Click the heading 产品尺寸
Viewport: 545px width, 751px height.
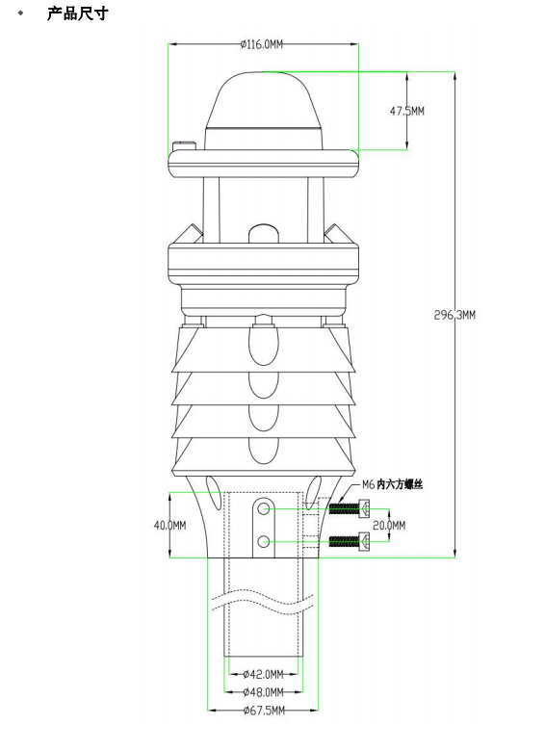tap(77, 16)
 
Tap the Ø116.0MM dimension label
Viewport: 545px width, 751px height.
tap(262, 43)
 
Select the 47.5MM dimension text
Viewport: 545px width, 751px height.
tap(406, 111)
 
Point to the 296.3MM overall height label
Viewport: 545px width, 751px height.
tap(454, 315)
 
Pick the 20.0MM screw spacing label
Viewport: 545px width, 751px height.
tap(390, 525)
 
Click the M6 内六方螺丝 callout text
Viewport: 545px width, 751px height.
tap(392, 485)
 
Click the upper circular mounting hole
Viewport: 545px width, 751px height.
tap(263, 506)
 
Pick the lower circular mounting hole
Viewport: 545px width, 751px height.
tap(263, 542)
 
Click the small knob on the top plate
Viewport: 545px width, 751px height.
tap(184, 146)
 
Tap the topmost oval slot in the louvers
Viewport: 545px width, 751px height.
tap(263, 341)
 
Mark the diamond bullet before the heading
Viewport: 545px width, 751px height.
tap(20, 16)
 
